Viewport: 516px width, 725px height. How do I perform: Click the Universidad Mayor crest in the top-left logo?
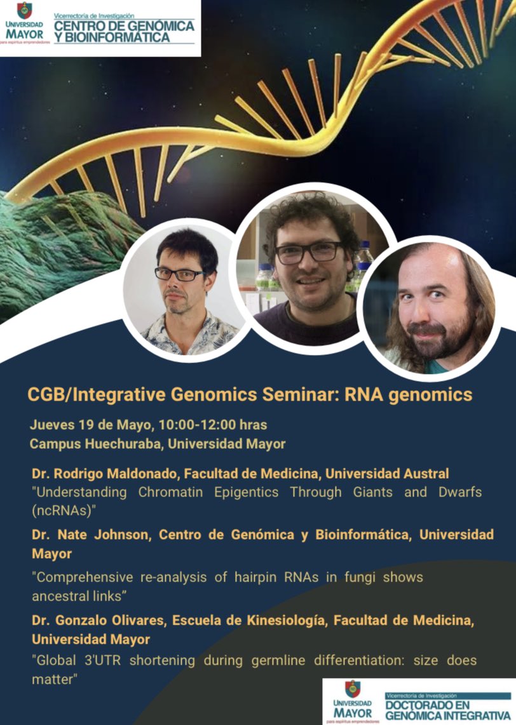coord(24,10)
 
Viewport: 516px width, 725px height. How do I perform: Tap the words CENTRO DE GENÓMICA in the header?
coord(123,26)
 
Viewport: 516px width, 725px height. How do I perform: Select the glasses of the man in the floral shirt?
coord(180,274)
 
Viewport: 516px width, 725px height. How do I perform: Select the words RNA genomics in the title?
coord(408,395)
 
